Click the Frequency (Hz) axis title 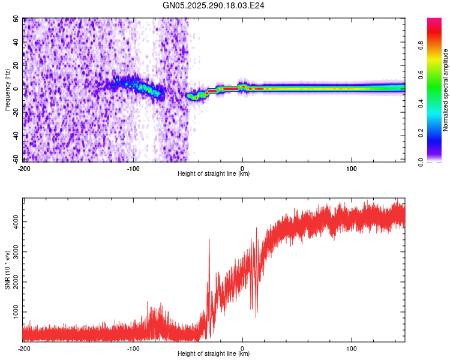pyautogui.click(x=8, y=89)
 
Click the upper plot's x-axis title pyautogui.click(x=214, y=174)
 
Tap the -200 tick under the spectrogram pyautogui.click(x=24, y=169)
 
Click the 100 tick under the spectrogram pyautogui.click(x=352, y=169)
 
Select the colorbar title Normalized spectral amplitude pyautogui.click(x=446, y=90)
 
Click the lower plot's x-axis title pyautogui.click(x=214, y=353)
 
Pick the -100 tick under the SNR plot pyautogui.click(x=133, y=348)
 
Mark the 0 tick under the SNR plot pyautogui.click(x=242, y=348)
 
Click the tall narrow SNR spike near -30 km pyautogui.click(x=209, y=240)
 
